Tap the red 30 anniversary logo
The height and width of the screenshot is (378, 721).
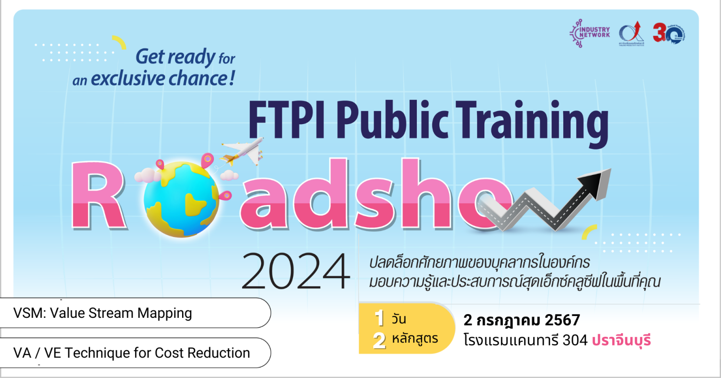click(x=668, y=33)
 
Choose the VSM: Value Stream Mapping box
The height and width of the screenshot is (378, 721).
click(x=135, y=313)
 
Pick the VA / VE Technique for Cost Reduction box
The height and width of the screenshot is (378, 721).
click(x=135, y=353)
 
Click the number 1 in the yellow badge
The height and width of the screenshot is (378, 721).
click(x=379, y=319)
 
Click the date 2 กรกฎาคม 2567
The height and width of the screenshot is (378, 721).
click(x=522, y=321)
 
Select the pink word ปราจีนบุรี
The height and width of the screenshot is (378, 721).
click(x=621, y=340)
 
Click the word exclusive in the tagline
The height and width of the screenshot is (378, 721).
click(x=128, y=79)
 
